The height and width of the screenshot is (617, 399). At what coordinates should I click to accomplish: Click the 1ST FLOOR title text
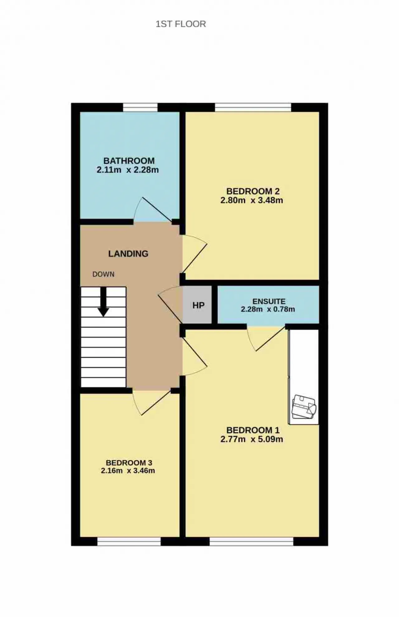point(181,24)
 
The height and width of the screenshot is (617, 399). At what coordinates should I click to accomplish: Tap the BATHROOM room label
point(129,161)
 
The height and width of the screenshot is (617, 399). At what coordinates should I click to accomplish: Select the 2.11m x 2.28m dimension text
point(128,170)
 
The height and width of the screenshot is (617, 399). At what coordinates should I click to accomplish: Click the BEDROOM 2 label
point(253,191)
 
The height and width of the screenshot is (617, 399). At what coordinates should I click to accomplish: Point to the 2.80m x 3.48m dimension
point(252,200)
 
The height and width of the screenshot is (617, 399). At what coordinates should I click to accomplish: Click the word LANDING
point(128,254)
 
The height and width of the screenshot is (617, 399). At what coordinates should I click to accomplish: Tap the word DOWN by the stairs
point(103,274)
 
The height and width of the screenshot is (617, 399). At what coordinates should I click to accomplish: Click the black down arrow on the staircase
point(103,301)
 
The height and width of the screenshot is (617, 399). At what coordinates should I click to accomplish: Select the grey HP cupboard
point(197,305)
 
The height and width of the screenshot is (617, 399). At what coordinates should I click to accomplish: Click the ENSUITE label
point(269,301)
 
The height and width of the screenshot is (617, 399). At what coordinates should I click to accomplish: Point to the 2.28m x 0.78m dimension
point(268,309)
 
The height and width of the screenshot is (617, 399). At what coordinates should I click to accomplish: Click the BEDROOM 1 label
point(253,430)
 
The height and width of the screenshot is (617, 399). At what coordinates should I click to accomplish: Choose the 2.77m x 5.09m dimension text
point(252,439)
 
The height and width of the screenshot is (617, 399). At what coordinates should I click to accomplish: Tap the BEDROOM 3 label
point(129,463)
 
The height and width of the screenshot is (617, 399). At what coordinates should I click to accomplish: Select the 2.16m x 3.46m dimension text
point(128,471)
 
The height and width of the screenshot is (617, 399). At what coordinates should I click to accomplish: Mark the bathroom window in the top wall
point(140,107)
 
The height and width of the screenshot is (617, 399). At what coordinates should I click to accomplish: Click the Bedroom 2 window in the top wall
point(253,107)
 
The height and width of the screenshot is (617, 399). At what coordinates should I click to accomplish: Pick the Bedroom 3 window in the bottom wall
point(129,542)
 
